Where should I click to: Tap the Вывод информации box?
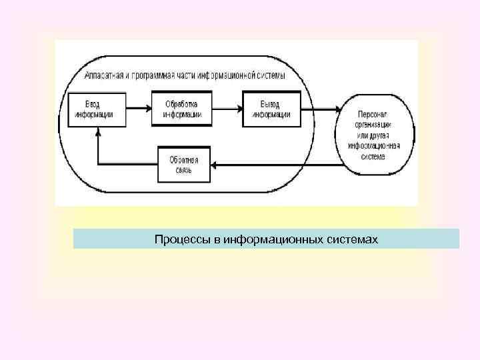tap(271, 109)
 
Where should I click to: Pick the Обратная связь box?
tap(184, 165)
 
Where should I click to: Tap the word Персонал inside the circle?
tap(374, 115)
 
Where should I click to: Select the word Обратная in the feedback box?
tap(184, 160)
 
